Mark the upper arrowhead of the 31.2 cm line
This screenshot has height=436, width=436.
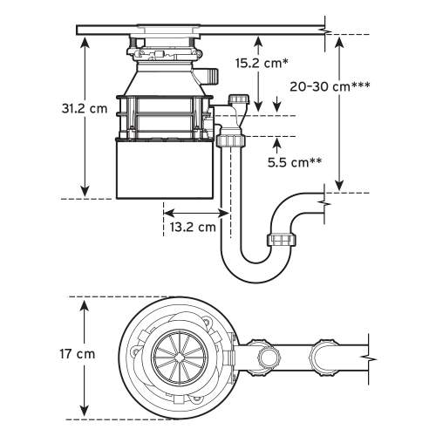point(84,41)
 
